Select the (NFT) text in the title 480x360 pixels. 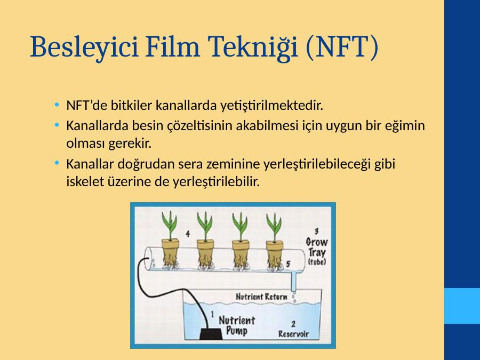[342, 47]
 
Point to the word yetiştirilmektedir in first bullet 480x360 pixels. [272, 106]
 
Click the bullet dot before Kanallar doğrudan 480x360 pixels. [57, 163]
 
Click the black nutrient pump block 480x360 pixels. [211, 333]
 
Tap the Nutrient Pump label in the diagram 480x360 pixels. [237, 326]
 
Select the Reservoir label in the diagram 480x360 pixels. [293, 334]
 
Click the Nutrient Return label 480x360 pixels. [261, 297]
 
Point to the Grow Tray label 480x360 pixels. [317, 247]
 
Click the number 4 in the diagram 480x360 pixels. [188, 234]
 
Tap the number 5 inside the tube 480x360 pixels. [288, 264]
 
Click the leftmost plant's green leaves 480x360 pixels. [170, 225]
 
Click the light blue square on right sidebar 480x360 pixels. [462, 306]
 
